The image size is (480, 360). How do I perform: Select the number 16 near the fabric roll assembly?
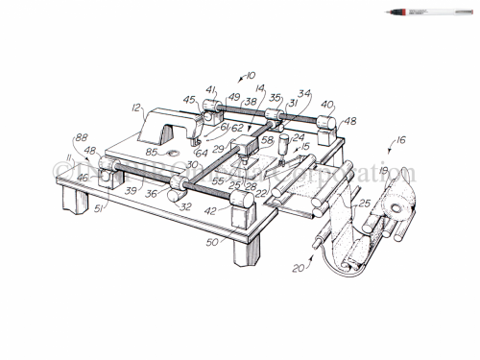(399, 140)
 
